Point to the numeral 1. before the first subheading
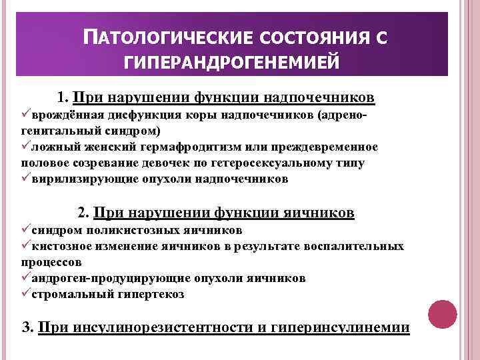63,99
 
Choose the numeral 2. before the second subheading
84,213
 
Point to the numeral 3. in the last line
28,327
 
